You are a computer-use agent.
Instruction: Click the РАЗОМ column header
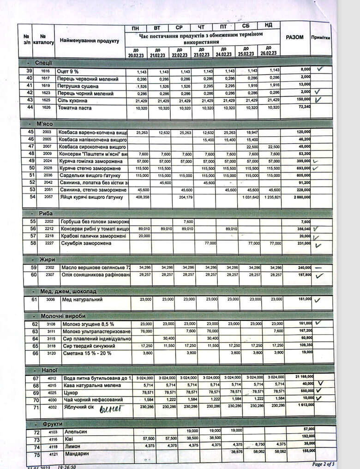click(x=294, y=37)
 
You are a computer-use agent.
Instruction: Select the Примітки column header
click(x=320, y=38)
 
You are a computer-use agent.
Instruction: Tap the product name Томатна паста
click(x=75, y=108)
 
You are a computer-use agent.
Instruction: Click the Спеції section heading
click(x=43, y=62)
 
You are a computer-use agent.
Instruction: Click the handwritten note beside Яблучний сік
click(x=109, y=408)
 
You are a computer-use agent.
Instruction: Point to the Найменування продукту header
click(x=89, y=41)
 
